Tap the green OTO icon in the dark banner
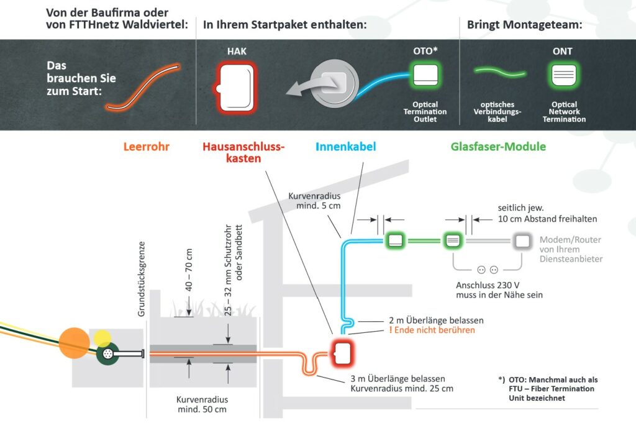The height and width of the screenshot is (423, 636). pyautogui.click(x=425, y=75)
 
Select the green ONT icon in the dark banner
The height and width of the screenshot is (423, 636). pyautogui.click(x=563, y=75)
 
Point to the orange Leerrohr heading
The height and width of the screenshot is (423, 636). pyautogui.click(x=146, y=147)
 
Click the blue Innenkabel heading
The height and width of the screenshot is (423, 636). pyautogui.click(x=345, y=147)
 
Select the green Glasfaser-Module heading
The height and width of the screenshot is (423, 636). pyautogui.click(x=498, y=147)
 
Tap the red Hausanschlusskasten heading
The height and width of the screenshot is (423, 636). pyautogui.click(x=243, y=152)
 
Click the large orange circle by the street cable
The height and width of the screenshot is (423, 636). pyautogui.click(x=75, y=343)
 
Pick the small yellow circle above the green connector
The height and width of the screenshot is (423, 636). pyautogui.click(x=102, y=339)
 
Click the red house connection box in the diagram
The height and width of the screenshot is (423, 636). pyautogui.click(x=343, y=352)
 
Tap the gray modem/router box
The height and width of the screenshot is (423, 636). pyautogui.click(x=522, y=241)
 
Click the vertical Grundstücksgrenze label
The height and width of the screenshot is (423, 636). pyautogui.click(x=141, y=279)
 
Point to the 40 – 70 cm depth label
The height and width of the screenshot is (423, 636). pyautogui.click(x=189, y=270)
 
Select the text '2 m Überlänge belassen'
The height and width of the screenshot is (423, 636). pyautogui.click(x=436, y=321)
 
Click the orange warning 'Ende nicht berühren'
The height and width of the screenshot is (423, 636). pyautogui.click(x=432, y=330)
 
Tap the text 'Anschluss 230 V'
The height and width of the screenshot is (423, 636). pyautogui.click(x=488, y=285)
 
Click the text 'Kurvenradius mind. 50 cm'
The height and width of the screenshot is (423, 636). pyautogui.click(x=202, y=404)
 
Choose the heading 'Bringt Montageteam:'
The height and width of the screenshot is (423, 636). pyautogui.click(x=524, y=25)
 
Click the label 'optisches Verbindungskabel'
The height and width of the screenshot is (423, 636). pyautogui.click(x=497, y=112)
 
